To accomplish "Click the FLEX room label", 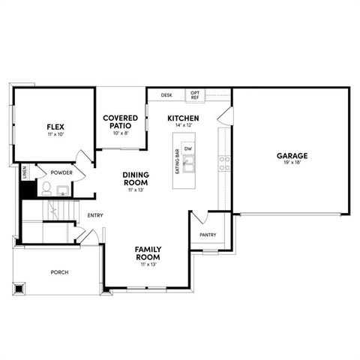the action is click(55, 127).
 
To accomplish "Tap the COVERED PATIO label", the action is click(120, 121).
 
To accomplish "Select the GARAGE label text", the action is click(292, 156).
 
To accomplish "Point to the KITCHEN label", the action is click(183, 118).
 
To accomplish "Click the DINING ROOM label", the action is click(136, 178).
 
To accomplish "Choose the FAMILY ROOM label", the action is click(148, 253).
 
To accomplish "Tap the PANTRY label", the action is click(208, 235).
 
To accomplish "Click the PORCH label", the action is click(59, 272).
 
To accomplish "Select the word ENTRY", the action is click(95, 215).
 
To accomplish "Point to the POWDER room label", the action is click(61, 172).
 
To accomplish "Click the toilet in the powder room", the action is click(46, 188).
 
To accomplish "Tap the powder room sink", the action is click(63, 190).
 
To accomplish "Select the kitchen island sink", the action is click(188, 163).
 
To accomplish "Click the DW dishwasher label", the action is click(188, 148).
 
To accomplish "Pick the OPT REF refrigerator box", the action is click(195, 95).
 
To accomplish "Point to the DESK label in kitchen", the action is click(166, 95).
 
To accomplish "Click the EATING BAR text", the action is click(178, 161).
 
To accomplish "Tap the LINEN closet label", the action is click(25, 172).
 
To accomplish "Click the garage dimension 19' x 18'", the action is click(292, 162).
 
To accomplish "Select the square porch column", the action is click(19, 289).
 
